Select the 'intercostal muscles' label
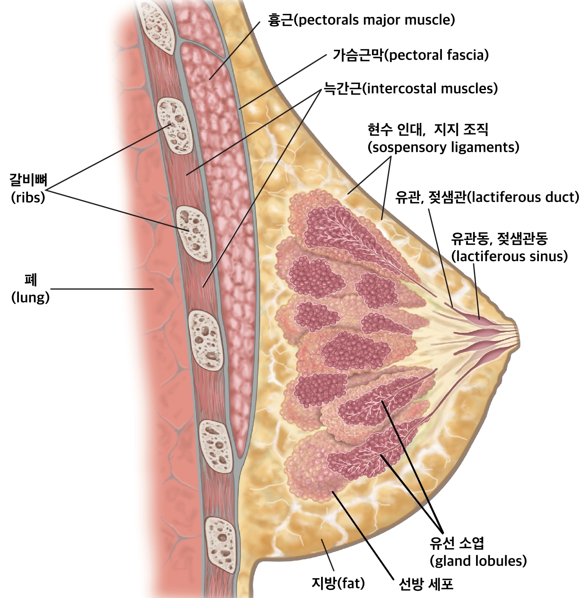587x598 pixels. coord(430,88)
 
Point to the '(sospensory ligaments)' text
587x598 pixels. coord(443,147)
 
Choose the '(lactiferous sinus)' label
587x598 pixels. coord(509,256)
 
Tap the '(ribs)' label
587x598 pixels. coord(28,197)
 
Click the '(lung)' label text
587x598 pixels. coord(30,297)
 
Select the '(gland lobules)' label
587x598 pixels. coord(478,561)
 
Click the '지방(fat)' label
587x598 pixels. coord(338,583)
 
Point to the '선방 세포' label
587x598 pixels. coord(426,584)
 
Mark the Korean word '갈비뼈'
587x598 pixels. coord(28,180)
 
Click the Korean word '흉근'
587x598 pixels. coord(281,20)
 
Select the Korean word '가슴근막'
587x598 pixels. coord(358,55)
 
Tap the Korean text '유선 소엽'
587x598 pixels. coord(457,543)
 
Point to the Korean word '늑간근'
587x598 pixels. coord(342,88)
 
